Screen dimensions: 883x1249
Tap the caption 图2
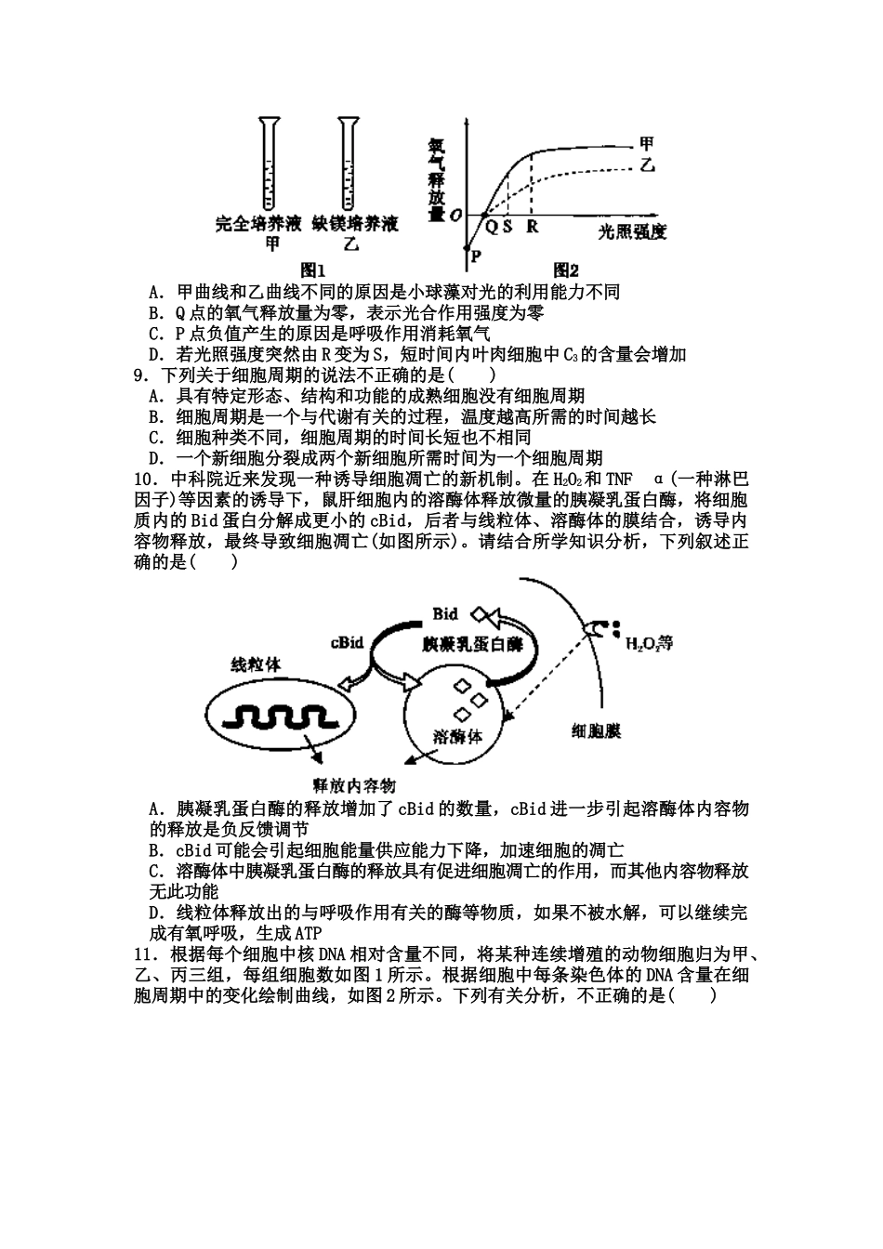click(x=566, y=270)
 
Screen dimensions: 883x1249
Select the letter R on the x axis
click(x=532, y=226)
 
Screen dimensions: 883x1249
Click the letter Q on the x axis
click(x=490, y=226)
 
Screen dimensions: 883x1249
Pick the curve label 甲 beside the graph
click(x=647, y=143)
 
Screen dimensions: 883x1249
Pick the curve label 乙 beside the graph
click(x=648, y=164)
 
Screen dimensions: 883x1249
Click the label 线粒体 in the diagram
click(x=255, y=664)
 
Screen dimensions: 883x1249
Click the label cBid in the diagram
click(x=347, y=642)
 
